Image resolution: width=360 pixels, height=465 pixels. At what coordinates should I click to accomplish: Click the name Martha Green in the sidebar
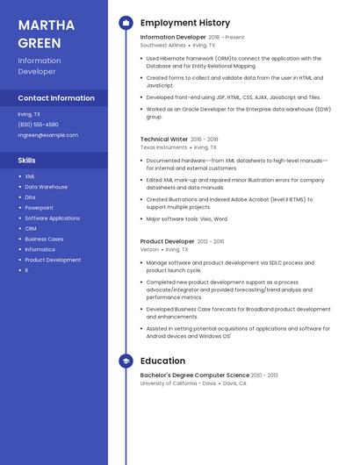(x=40, y=32)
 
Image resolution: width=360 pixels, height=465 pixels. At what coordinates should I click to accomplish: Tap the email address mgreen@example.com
(x=47, y=135)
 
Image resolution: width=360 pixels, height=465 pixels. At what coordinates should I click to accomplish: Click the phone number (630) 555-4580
(x=38, y=125)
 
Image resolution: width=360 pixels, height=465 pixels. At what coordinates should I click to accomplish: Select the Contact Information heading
(x=56, y=98)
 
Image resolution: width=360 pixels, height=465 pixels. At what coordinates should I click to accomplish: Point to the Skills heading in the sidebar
(x=27, y=161)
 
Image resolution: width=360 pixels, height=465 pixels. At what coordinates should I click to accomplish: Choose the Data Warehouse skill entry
(x=46, y=187)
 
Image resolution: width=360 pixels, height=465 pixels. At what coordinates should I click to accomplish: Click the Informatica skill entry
(x=40, y=249)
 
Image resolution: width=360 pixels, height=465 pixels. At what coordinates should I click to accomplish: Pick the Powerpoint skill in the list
(x=39, y=208)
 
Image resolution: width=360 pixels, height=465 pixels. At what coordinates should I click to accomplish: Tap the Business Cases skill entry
(x=44, y=239)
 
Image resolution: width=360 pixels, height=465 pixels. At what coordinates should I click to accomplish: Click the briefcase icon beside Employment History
(x=126, y=23)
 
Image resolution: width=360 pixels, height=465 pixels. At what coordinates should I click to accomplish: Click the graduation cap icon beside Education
(x=126, y=361)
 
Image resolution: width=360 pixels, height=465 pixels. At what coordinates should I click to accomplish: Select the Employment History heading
(x=184, y=23)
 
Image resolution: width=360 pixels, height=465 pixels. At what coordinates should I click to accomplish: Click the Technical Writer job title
(x=164, y=139)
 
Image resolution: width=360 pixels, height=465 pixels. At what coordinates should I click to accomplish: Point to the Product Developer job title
(x=167, y=241)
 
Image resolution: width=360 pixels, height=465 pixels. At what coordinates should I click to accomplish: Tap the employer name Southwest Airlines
(x=163, y=45)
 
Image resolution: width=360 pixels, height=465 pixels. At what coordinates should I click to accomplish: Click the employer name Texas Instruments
(x=163, y=147)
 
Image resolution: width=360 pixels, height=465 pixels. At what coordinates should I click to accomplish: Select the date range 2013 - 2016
(x=211, y=241)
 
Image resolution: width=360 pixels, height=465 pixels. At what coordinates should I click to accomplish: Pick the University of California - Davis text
(x=178, y=383)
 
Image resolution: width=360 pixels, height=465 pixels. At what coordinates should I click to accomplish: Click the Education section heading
(x=162, y=361)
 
